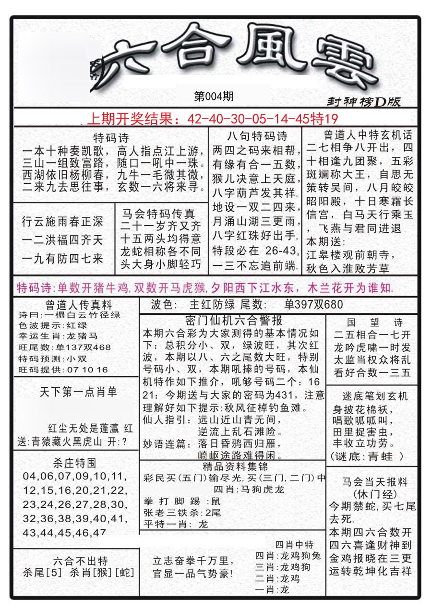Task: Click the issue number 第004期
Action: tap(214, 96)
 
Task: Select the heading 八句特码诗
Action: tap(257, 136)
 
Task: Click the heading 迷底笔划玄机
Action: tap(375, 396)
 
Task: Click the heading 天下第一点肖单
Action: tap(78, 392)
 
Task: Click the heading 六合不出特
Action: tap(81, 561)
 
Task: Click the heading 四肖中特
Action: tap(294, 544)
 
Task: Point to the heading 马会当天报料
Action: tap(375, 481)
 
